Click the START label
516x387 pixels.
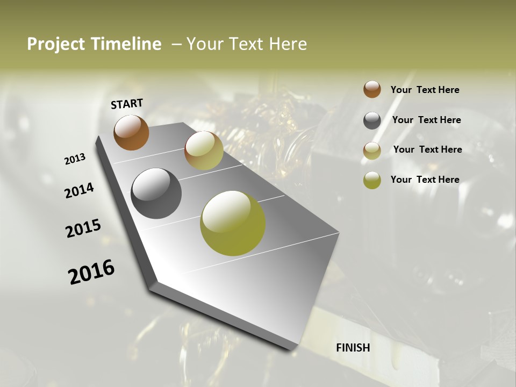127,103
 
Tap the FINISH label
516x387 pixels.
353,348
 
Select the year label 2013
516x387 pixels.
75,159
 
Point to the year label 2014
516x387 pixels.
79,190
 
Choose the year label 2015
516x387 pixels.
83,228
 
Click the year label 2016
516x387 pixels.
91,272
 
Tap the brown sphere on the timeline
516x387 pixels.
131,132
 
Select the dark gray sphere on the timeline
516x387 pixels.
156,193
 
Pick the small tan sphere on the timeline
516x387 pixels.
204,150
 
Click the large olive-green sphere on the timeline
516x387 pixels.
233,223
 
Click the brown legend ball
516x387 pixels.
372,89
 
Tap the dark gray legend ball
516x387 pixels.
372,120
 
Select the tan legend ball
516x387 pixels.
372,150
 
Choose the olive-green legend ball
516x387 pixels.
372,180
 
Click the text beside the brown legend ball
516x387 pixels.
425,90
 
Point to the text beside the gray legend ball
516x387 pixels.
426,120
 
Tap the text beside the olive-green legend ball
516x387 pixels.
425,180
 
